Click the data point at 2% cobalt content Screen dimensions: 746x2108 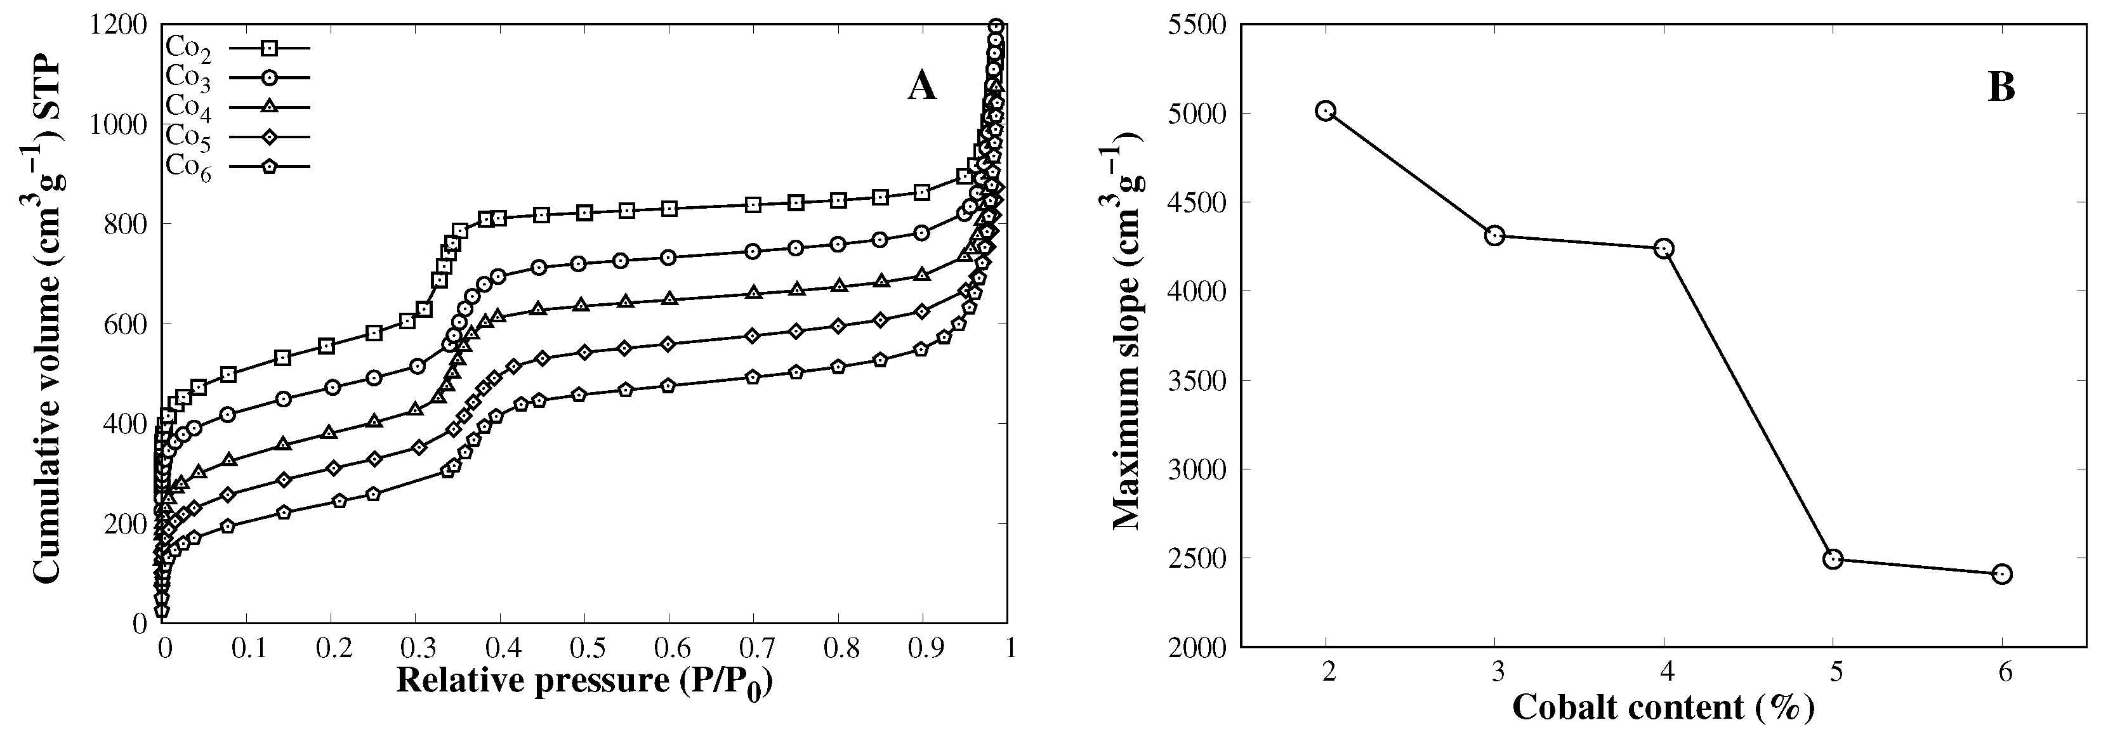(1326, 111)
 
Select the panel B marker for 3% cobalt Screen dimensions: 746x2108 (1495, 237)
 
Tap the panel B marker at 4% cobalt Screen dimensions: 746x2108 (1664, 249)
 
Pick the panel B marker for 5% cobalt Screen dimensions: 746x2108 (1833, 559)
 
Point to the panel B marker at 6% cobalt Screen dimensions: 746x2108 (2001, 574)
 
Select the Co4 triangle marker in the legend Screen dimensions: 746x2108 (270, 107)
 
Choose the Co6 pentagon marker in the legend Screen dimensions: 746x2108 (270, 167)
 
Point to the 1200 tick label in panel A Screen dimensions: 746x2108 (121, 25)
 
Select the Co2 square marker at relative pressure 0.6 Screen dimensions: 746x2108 (669, 209)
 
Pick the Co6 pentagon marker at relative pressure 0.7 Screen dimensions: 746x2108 (754, 377)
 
